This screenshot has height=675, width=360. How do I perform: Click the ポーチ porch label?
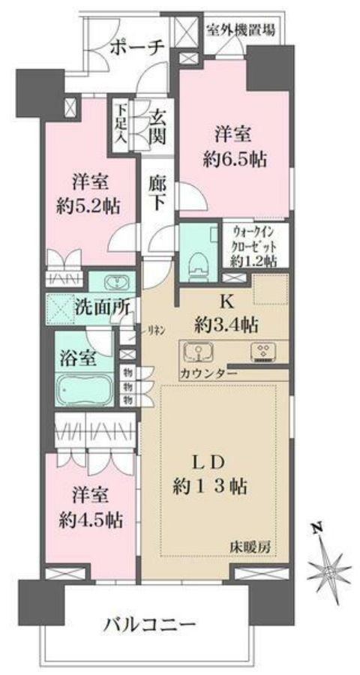coord(136,47)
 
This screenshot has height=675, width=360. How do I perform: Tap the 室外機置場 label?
coord(240,30)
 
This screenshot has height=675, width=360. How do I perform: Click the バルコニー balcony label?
coord(150,624)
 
